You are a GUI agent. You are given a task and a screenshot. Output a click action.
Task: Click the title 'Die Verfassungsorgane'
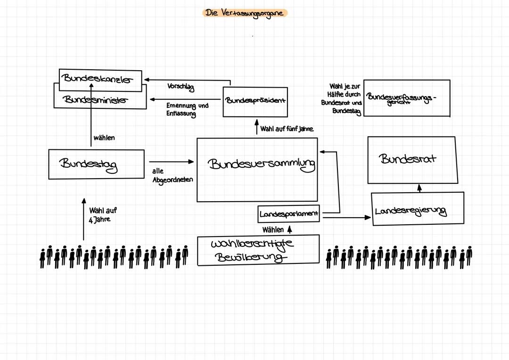coord(245,13)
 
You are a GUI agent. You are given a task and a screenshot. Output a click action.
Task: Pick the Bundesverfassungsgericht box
coord(407,98)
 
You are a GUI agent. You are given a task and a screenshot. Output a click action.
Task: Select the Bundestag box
coord(96,164)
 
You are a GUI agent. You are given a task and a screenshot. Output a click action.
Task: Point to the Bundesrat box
coord(412,160)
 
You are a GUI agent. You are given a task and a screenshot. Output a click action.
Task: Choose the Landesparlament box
coord(289,214)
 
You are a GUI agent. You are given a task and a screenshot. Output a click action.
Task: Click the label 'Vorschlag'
coord(181,88)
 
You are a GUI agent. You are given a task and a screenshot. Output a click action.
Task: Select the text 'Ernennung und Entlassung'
coord(187,110)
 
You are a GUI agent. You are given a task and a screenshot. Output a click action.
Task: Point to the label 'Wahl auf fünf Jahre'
coord(287,129)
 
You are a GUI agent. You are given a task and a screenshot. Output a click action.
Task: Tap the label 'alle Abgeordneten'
coord(172,176)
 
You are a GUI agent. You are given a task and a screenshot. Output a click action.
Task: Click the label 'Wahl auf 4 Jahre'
coord(102,215)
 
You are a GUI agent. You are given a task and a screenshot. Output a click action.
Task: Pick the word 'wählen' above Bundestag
coord(104,138)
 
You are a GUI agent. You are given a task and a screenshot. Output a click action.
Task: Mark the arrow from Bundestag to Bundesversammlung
coord(171,162)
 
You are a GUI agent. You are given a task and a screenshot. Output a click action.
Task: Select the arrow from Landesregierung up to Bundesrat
coord(419,188)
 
